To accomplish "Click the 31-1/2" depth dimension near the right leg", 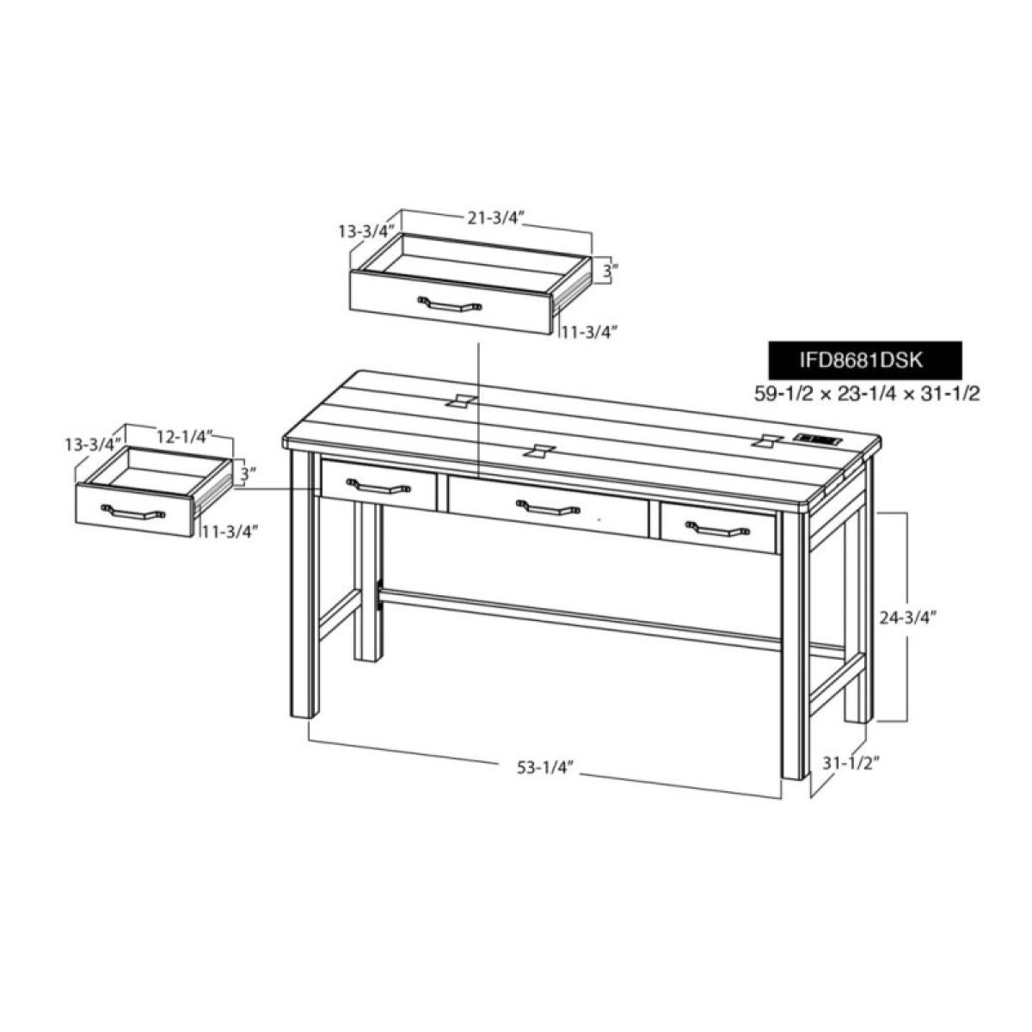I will (851, 762).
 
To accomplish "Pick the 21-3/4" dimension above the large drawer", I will (496, 218).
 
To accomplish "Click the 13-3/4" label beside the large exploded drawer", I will (365, 230).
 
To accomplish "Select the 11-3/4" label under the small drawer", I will (230, 531).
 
